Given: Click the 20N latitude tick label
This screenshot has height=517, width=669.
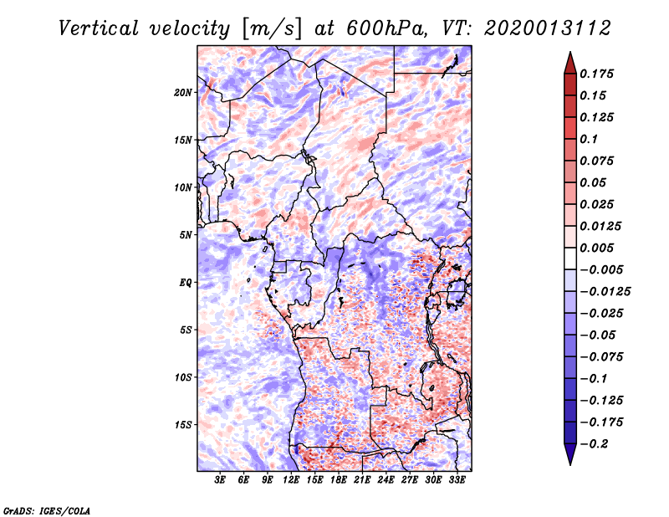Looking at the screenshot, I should pyautogui.click(x=183, y=92).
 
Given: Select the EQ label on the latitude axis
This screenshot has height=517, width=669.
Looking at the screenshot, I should pyautogui.click(x=186, y=283).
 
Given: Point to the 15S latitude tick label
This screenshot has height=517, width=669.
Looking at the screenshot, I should pyautogui.click(x=183, y=425).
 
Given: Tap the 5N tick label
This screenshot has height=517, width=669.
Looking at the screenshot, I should pyautogui.click(x=186, y=235).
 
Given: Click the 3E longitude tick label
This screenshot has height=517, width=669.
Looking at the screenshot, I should pyautogui.click(x=221, y=481).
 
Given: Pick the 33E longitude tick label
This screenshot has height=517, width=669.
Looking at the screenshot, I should pyautogui.click(x=457, y=481).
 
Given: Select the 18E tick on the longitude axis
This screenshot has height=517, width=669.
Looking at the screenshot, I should pyautogui.click(x=339, y=481).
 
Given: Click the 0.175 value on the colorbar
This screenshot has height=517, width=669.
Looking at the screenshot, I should pyautogui.click(x=598, y=74).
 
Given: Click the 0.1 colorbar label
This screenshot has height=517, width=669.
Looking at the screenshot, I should pyautogui.click(x=592, y=139).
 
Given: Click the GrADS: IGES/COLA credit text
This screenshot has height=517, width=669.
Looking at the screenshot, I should pyautogui.click(x=47, y=509).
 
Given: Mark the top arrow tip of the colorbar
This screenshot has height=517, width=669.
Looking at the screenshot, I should pyautogui.click(x=569, y=53).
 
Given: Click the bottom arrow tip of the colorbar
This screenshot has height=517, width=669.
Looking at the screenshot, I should pyautogui.click(x=569, y=463).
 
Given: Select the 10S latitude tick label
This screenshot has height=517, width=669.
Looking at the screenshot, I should pyautogui.click(x=183, y=377).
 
